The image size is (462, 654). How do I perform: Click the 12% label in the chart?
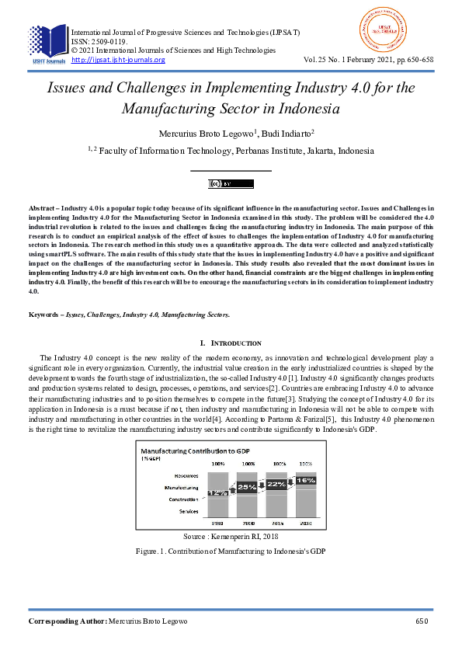217,492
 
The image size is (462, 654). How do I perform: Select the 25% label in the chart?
247,487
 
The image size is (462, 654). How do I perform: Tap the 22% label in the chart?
276,484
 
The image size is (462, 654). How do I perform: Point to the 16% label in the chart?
305,481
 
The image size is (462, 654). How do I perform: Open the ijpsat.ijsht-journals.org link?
118,60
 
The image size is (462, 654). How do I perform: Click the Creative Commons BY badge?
231,184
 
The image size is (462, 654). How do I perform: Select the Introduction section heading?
231,343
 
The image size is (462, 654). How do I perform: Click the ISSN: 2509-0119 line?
102,42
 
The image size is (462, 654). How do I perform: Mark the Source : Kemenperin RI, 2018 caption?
231,536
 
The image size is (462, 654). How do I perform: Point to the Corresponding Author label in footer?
67,621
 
